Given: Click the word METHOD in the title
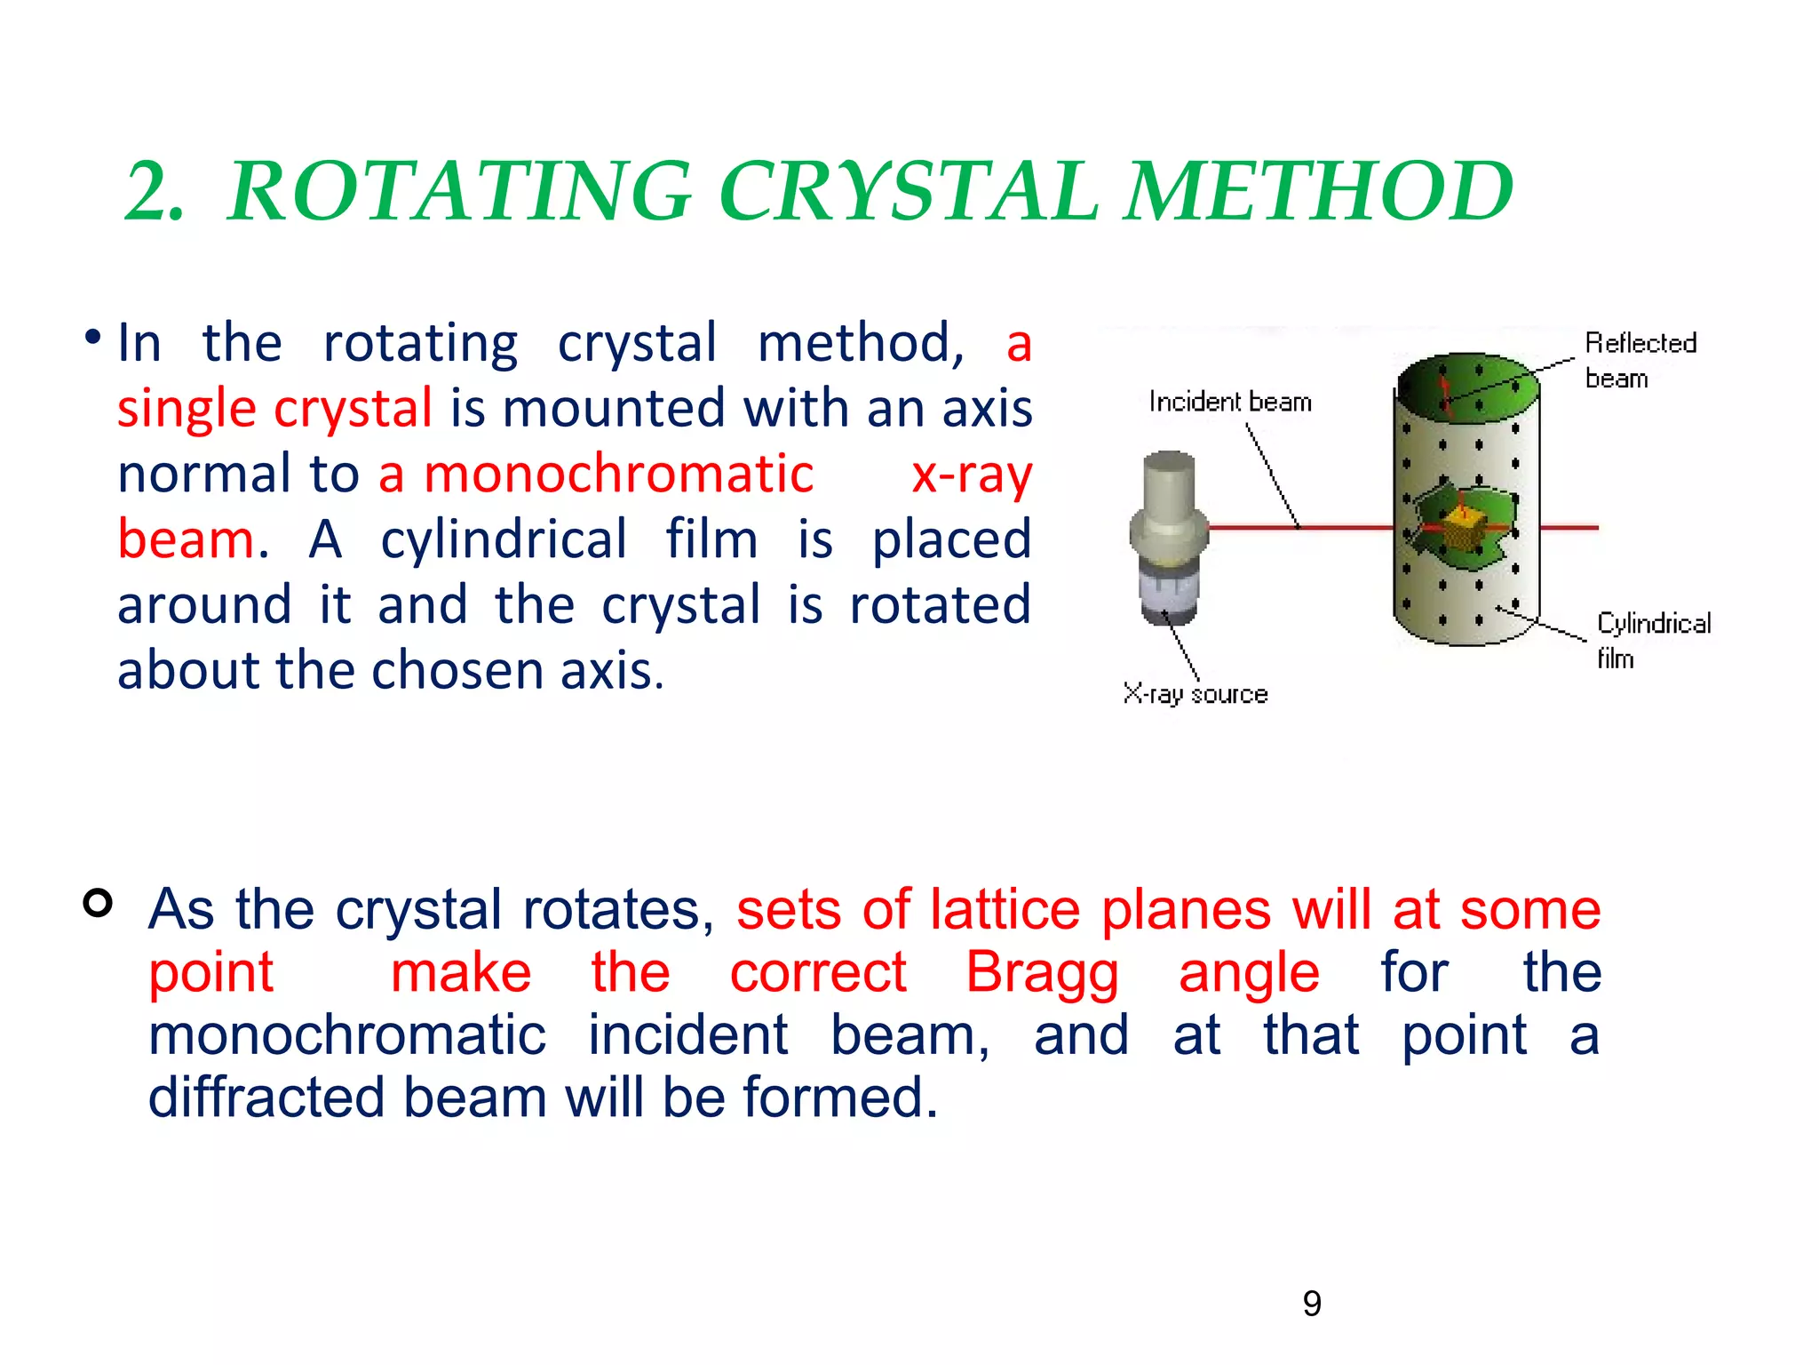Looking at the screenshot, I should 1319,191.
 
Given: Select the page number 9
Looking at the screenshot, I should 1311,1304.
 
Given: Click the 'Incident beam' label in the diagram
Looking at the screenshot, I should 1230,402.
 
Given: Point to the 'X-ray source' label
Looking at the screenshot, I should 1195,694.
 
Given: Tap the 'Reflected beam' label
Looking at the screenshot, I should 1640,359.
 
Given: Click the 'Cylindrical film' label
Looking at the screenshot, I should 1652,640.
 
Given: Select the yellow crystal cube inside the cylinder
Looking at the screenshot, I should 1462,527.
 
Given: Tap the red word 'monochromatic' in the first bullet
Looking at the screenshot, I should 618,474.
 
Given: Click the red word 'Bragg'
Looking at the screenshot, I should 1042,972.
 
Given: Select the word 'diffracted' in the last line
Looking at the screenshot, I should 266,1098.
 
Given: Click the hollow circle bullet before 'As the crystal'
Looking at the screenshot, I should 98,902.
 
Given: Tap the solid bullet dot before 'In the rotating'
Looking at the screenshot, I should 92,338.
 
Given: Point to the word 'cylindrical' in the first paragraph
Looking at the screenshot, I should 504,539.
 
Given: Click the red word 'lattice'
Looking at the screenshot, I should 1005,910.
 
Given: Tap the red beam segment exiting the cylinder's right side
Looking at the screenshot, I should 1569,528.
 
